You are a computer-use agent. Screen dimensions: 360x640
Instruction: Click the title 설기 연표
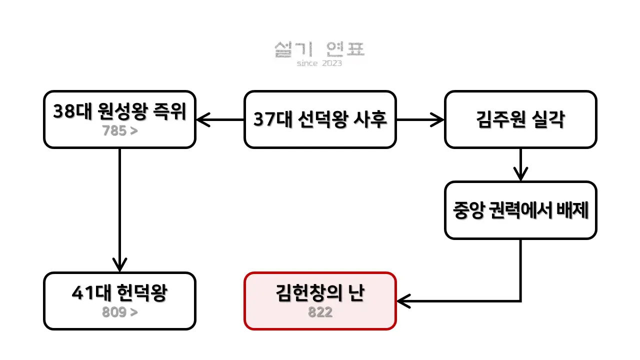pyautogui.click(x=320, y=49)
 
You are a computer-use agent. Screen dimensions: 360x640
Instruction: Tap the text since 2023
pyautogui.click(x=319, y=63)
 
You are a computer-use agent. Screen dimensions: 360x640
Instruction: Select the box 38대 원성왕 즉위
pyautogui.click(x=119, y=119)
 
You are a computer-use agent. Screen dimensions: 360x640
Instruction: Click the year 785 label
pyautogui.click(x=119, y=131)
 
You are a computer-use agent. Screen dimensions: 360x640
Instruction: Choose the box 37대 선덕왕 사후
pyautogui.click(x=320, y=119)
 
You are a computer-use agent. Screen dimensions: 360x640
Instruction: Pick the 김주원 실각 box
pyautogui.click(x=520, y=119)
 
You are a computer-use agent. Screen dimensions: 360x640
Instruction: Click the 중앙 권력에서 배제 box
pyautogui.click(x=520, y=210)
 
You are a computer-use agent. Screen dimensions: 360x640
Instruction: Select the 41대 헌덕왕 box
pyautogui.click(x=119, y=301)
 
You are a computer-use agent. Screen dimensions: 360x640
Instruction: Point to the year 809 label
pyautogui.click(x=119, y=312)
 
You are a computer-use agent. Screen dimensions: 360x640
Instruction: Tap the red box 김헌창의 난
pyautogui.click(x=320, y=301)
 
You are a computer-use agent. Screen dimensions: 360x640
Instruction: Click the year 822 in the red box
pyautogui.click(x=320, y=312)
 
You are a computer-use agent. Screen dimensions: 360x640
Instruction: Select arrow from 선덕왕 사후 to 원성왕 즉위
pyautogui.click(x=220, y=119)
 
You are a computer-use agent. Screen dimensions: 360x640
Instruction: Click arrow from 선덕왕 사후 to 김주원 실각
pyautogui.click(x=420, y=119)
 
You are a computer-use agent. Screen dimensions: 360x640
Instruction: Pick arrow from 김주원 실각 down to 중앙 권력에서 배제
pyautogui.click(x=520, y=164)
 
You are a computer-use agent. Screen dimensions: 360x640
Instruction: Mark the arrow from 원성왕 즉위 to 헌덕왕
pyautogui.click(x=119, y=210)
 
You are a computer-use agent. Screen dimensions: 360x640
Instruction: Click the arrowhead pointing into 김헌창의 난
pyautogui.click(x=403, y=301)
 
